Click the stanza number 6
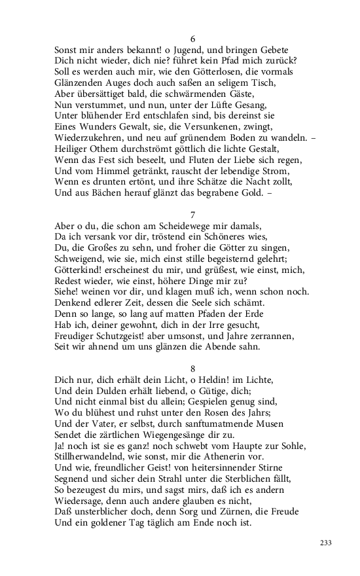point(183,39)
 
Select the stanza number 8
point(183,369)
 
